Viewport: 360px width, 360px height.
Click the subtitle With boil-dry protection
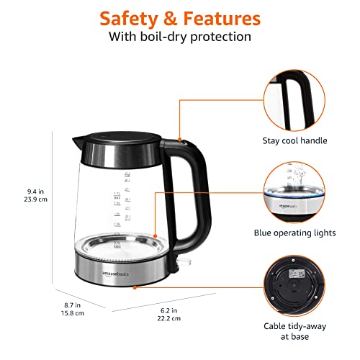179,37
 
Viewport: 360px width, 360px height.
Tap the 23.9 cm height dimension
35,200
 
